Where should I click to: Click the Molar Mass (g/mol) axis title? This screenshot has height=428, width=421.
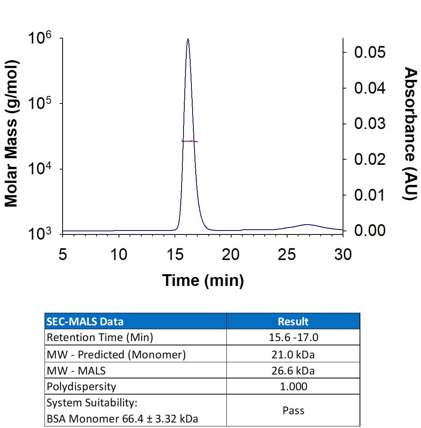pyautogui.click(x=12, y=134)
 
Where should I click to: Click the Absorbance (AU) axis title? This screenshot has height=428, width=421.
pyautogui.click(x=410, y=134)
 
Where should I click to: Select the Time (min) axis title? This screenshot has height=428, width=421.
pyautogui.click(x=203, y=280)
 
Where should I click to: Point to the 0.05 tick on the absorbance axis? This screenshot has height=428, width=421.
pyautogui.click(x=370, y=52)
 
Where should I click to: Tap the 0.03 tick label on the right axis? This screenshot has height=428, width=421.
pyautogui.click(x=370, y=124)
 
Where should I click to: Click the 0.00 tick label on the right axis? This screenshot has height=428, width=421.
pyautogui.click(x=370, y=231)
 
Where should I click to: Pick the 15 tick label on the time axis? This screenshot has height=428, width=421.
pyautogui.click(x=174, y=255)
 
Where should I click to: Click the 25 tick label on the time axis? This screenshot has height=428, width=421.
pyautogui.click(x=286, y=255)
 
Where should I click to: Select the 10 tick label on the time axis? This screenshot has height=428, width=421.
pyautogui.click(x=119, y=255)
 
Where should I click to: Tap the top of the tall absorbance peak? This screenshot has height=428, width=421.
pyautogui.click(x=188, y=39)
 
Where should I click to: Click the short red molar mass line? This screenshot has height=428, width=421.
pyautogui.click(x=189, y=141)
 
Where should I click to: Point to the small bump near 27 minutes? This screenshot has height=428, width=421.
pyautogui.click(x=306, y=225)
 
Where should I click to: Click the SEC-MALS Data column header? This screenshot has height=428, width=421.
pyautogui.click(x=85, y=321)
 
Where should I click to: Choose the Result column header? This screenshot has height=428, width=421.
pyautogui.click(x=293, y=321)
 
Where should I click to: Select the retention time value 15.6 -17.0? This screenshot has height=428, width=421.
pyautogui.click(x=293, y=338)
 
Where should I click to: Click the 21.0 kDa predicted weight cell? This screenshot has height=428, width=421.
pyautogui.click(x=293, y=354)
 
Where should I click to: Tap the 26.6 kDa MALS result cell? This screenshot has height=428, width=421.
pyautogui.click(x=293, y=370)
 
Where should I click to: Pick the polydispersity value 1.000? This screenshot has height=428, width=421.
pyautogui.click(x=293, y=387)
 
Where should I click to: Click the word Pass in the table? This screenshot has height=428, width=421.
pyautogui.click(x=293, y=411)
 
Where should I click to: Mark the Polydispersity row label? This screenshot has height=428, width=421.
pyautogui.click(x=82, y=387)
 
